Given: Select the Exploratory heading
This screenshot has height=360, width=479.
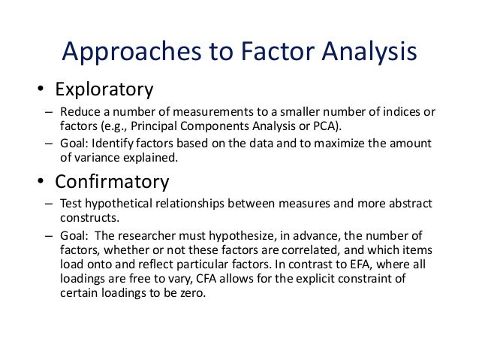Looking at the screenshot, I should pos(104,91).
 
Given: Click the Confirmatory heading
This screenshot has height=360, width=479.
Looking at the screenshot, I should pos(113,183).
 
